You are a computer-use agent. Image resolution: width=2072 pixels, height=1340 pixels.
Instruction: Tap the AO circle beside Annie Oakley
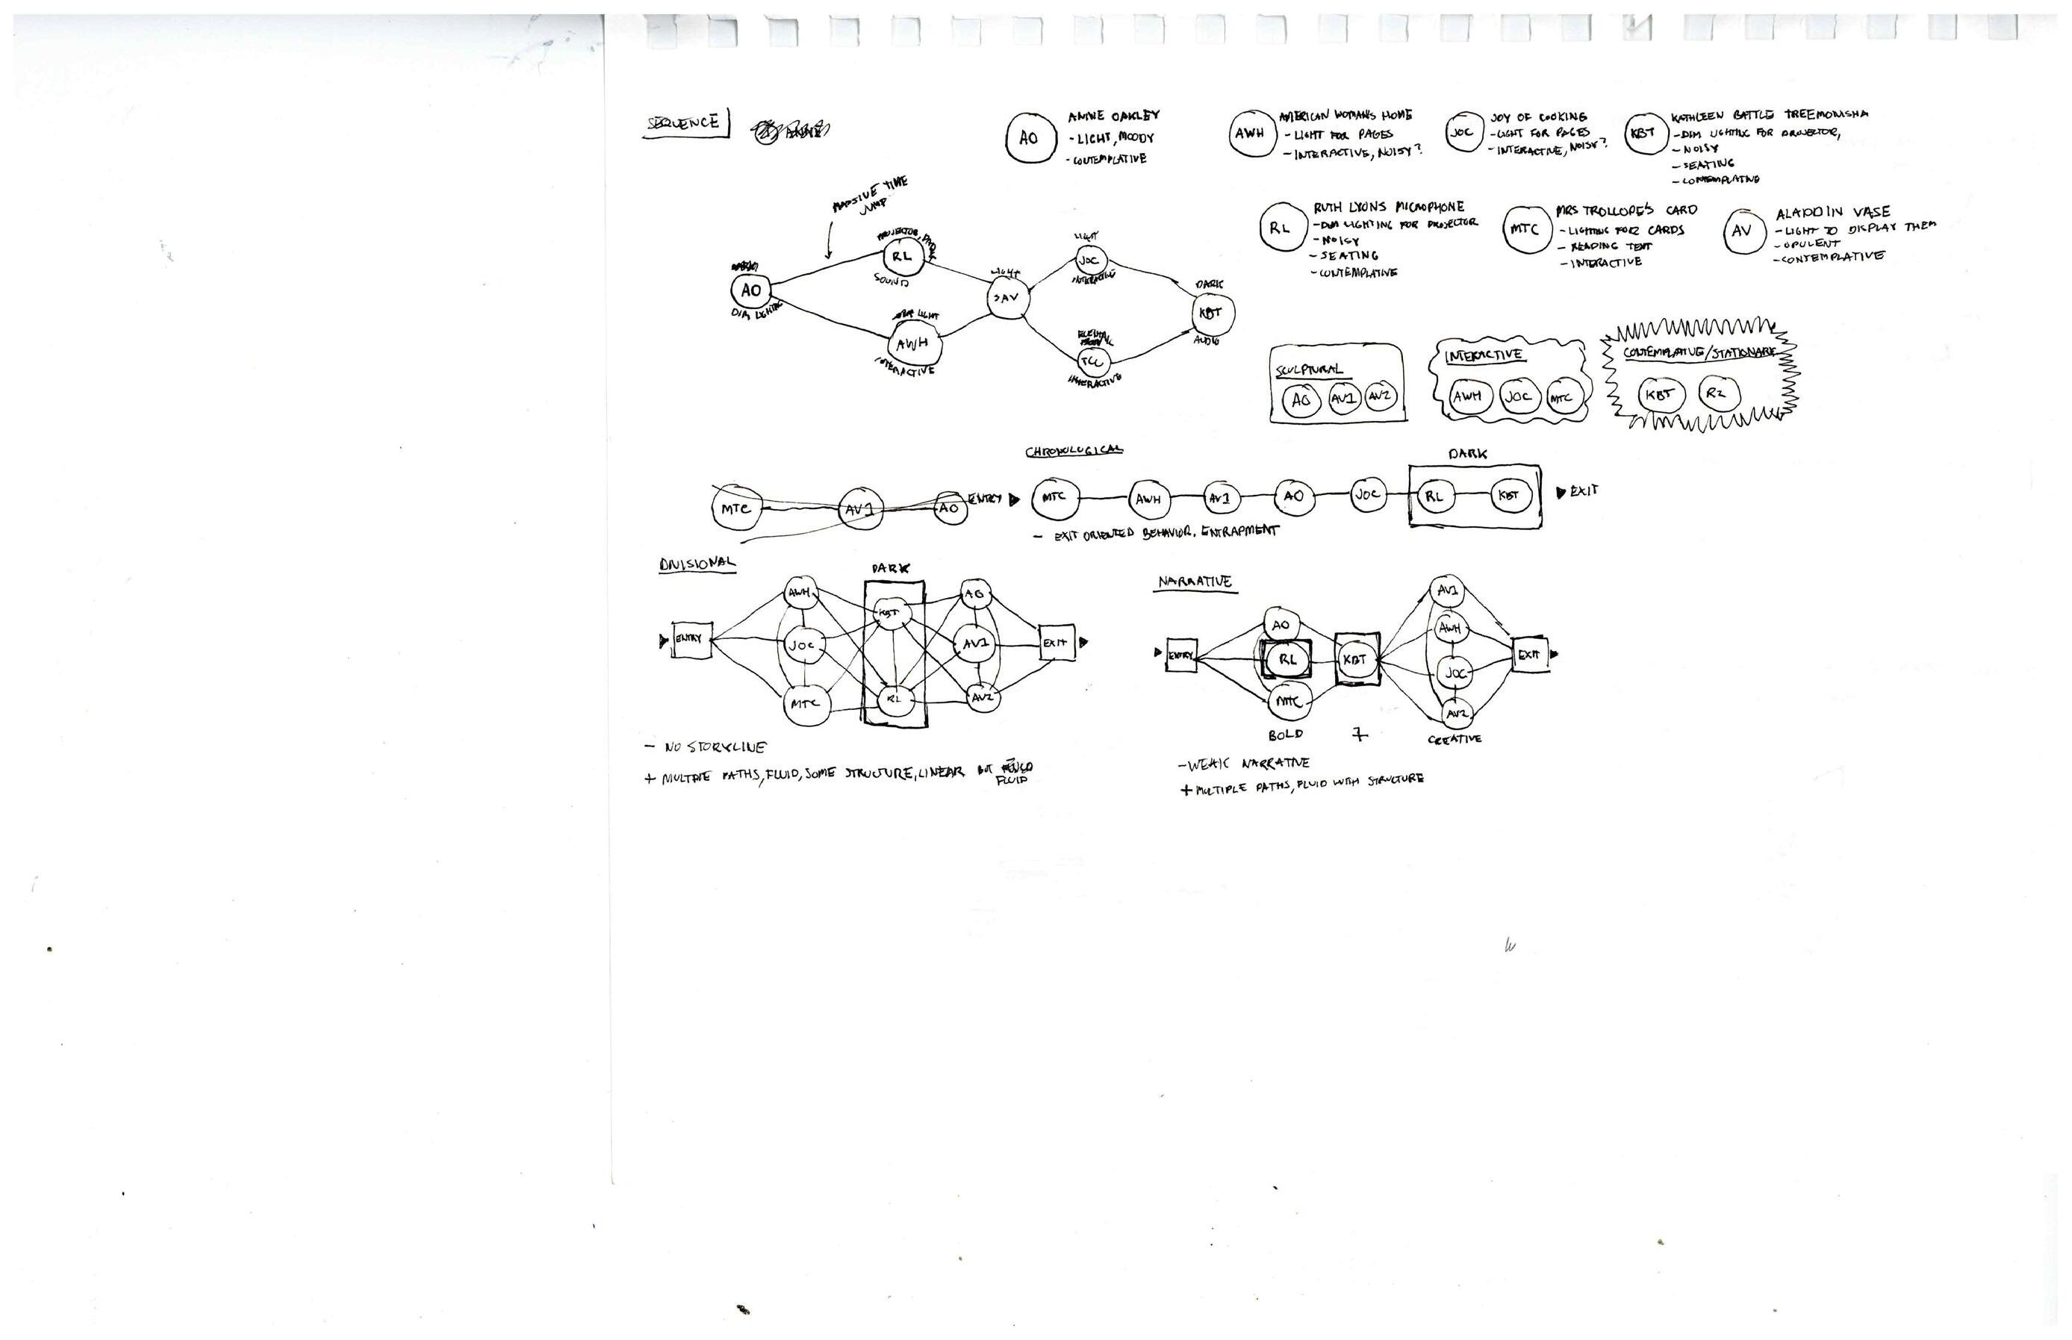tap(1029, 138)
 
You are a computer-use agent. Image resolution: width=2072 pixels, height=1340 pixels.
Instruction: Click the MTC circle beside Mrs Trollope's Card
tap(1526, 230)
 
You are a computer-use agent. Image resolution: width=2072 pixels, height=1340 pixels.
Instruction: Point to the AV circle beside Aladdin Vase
tap(1742, 231)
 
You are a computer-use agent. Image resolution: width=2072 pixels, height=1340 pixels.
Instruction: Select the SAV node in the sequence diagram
tap(1006, 299)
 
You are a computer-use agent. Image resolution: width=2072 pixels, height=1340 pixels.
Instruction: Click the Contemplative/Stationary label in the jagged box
tap(1698, 353)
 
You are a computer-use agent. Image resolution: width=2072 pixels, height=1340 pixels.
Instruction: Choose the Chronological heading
tap(1073, 451)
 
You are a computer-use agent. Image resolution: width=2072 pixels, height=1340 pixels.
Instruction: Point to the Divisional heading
tap(696, 564)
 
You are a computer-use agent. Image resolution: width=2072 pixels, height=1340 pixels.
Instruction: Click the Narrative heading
tap(1194, 582)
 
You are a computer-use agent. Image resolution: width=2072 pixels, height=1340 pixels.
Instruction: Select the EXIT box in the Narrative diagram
tap(1529, 655)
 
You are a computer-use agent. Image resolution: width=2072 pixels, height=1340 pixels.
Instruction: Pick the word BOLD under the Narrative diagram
tap(1285, 735)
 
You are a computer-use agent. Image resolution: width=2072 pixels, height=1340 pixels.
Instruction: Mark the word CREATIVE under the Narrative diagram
tap(1455, 739)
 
